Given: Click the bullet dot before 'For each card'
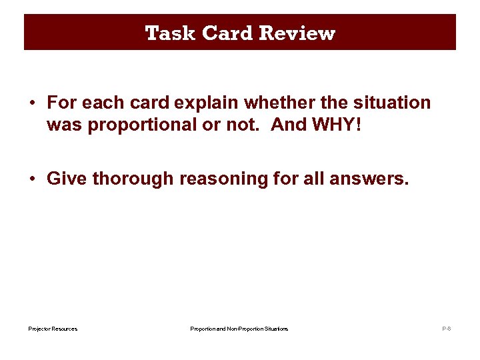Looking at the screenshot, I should tap(32, 103).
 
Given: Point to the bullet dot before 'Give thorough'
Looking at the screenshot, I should tap(32, 179).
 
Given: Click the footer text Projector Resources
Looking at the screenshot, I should tap(53, 329).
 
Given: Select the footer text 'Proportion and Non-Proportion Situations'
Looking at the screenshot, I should tap(239, 329).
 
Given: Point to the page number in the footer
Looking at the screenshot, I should tap(447, 329).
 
